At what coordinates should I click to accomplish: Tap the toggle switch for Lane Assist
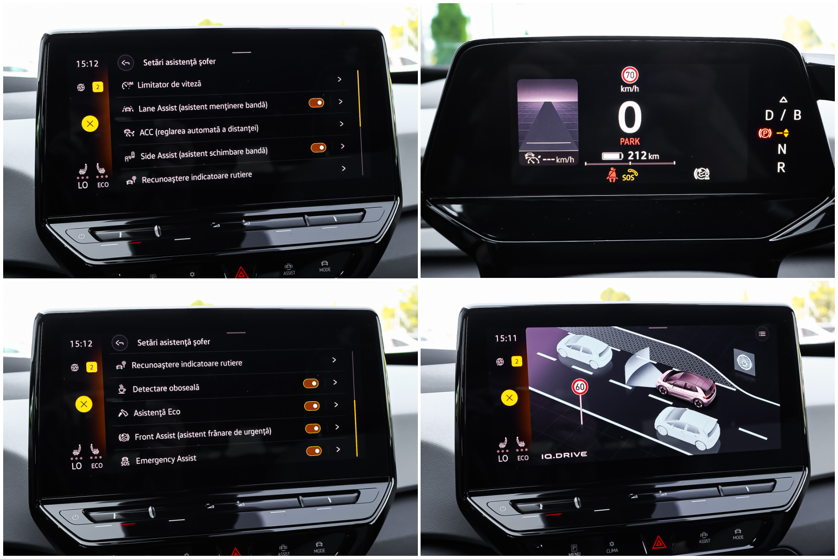click(316, 103)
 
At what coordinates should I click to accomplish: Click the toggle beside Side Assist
click(318, 148)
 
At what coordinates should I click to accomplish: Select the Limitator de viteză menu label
click(169, 85)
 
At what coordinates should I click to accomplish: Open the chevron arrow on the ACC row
click(342, 124)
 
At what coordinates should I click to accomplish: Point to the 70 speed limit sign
click(630, 75)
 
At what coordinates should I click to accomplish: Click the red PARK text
click(630, 141)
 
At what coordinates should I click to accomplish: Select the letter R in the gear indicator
click(781, 168)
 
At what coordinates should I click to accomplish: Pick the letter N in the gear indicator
click(782, 149)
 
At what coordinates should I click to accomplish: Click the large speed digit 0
click(630, 117)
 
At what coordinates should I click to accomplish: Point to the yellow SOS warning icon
click(630, 175)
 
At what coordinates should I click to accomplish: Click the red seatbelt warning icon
click(612, 174)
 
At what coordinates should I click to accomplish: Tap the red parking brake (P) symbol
click(765, 133)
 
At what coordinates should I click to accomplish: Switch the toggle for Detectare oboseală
click(311, 383)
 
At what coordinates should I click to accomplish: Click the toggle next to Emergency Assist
click(314, 451)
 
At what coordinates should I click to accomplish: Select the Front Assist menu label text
click(203, 434)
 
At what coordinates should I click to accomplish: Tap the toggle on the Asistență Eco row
click(312, 406)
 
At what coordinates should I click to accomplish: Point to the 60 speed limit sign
click(580, 387)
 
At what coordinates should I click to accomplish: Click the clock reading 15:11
click(506, 338)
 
